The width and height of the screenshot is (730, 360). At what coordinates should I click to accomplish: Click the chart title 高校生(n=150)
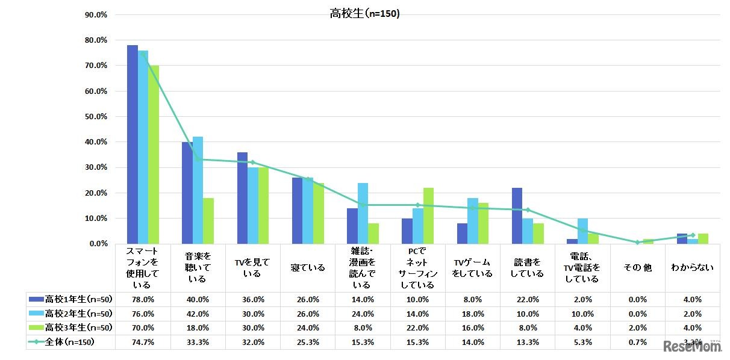tap(364, 13)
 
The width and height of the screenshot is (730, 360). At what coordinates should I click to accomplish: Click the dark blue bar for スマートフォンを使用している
tap(132, 144)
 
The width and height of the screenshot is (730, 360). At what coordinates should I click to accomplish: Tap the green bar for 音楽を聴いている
tap(208, 220)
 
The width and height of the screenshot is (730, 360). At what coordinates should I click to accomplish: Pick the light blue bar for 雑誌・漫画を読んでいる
tap(363, 213)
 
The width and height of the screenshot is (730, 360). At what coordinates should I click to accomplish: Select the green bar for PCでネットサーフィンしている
tap(428, 216)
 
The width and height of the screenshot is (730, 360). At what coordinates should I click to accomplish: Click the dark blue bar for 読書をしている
tap(516, 216)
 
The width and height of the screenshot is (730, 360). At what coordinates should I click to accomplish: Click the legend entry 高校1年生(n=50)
tap(70, 299)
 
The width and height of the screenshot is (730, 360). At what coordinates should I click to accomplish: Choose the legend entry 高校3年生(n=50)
tap(70, 327)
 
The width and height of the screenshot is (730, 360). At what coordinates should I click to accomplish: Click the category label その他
tap(637, 268)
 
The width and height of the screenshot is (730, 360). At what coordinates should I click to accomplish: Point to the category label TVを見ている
tap(252, 268)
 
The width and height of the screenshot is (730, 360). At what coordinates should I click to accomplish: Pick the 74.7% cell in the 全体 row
tap(143, 342)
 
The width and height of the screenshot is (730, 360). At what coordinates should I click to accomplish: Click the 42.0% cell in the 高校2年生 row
tap(198, 314)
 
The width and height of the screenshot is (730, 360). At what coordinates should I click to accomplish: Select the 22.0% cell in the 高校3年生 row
tap(417, 327)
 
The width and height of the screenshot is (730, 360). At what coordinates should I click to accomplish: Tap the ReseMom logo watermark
tap(693, 346)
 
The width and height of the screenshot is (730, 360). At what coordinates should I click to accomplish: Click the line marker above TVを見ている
tap(252, 163)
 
